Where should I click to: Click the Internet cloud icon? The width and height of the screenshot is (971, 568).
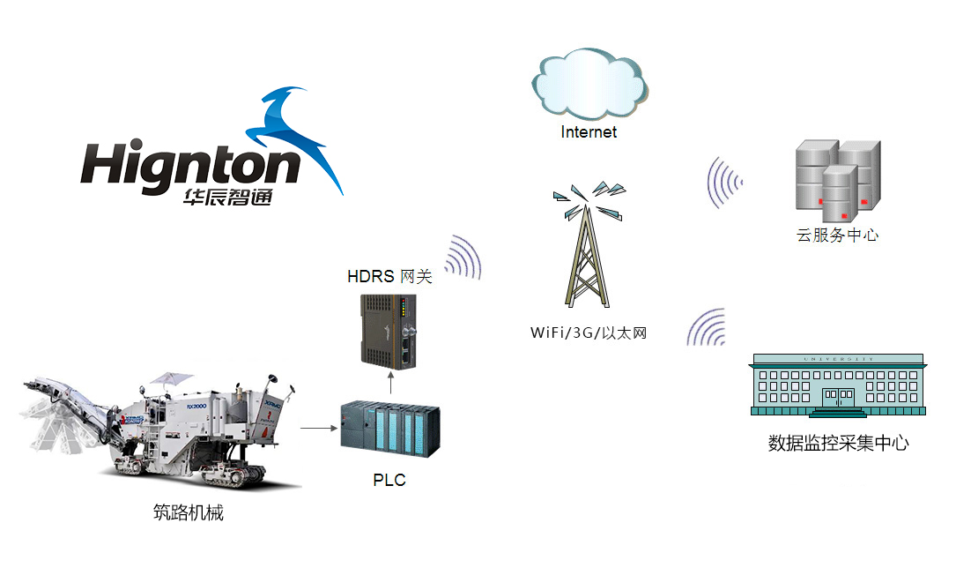pos(589,84)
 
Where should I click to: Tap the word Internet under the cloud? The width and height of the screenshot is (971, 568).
pos(589,132)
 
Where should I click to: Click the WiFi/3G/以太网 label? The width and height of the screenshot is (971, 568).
pos(589,333)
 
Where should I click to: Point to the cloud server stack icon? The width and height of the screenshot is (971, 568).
pos(838,181)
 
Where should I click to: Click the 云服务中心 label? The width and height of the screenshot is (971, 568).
pos(837,235)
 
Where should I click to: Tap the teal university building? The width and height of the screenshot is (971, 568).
pos(838,385)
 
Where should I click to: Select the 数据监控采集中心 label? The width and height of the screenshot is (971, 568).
pos(839,443)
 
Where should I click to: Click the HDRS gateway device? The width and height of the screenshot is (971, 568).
pos(389,332)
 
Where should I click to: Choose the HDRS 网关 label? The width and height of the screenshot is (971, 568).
pos(389,277)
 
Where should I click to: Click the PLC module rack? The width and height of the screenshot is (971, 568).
pos(390,430)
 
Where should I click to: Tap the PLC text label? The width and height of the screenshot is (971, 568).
pos(389,480)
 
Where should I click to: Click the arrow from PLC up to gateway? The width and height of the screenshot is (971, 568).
pos(390,383)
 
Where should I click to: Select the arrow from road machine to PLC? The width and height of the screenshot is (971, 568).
pos(319,428)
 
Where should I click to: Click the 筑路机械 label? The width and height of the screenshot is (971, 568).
pos(189,512)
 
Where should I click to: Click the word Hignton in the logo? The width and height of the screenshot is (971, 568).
pos(190,164)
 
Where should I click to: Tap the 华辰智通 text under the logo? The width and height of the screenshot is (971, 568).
pos(228,198)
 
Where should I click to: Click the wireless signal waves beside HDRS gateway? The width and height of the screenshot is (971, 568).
pos(463,257)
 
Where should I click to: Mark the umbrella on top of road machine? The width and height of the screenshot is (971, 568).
pos(167,377)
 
